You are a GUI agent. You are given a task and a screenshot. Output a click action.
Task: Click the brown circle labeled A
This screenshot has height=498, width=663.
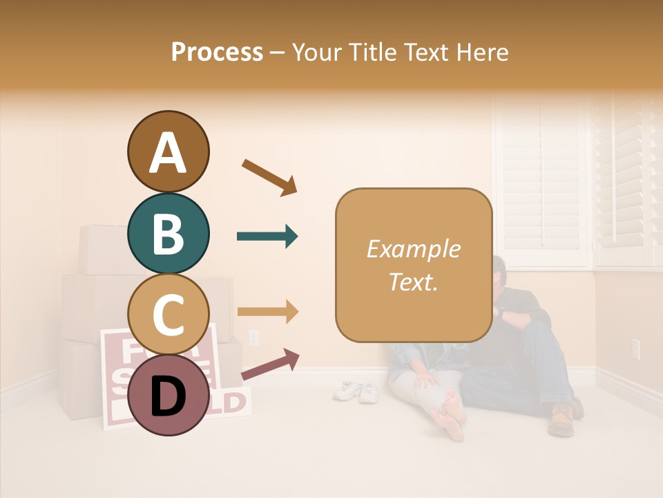168,151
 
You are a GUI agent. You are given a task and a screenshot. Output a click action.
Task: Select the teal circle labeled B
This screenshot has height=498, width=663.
168,233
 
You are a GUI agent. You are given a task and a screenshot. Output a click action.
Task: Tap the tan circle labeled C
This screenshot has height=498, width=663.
168,314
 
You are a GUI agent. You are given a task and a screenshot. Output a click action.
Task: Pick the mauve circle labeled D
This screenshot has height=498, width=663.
168,395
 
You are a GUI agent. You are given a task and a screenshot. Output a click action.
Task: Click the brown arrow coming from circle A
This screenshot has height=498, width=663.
269,177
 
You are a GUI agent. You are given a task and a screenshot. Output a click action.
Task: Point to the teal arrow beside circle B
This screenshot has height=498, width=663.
267,237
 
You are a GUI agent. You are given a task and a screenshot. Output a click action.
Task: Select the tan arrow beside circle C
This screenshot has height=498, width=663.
267,312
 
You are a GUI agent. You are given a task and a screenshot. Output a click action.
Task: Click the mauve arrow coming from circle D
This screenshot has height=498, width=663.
270,365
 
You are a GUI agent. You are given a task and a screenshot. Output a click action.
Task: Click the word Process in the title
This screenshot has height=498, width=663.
217,52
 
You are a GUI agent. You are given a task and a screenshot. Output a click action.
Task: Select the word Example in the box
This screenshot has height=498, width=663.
413,249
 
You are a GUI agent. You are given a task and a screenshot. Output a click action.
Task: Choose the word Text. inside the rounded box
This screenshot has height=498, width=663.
413,282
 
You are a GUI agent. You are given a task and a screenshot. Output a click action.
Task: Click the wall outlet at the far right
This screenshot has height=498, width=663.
635,349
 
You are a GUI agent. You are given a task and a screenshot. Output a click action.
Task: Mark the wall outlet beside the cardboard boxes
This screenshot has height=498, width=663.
253,338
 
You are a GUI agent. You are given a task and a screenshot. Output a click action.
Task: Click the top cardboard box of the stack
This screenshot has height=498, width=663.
104,249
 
